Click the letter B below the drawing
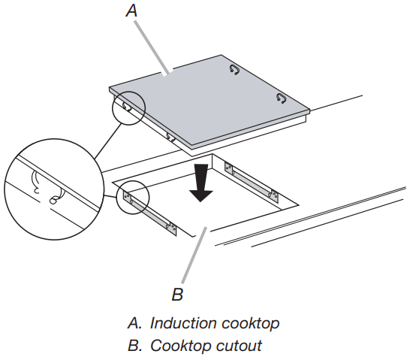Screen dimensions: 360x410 [178, 292]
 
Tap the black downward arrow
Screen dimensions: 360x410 [200, 183]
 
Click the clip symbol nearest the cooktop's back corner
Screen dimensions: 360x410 [235, 71]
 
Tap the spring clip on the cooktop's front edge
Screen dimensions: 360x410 [170, 137]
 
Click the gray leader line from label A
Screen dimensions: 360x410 [154, 45]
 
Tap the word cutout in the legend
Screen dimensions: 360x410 [237, 346]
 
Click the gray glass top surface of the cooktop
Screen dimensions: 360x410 [210, 98]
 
